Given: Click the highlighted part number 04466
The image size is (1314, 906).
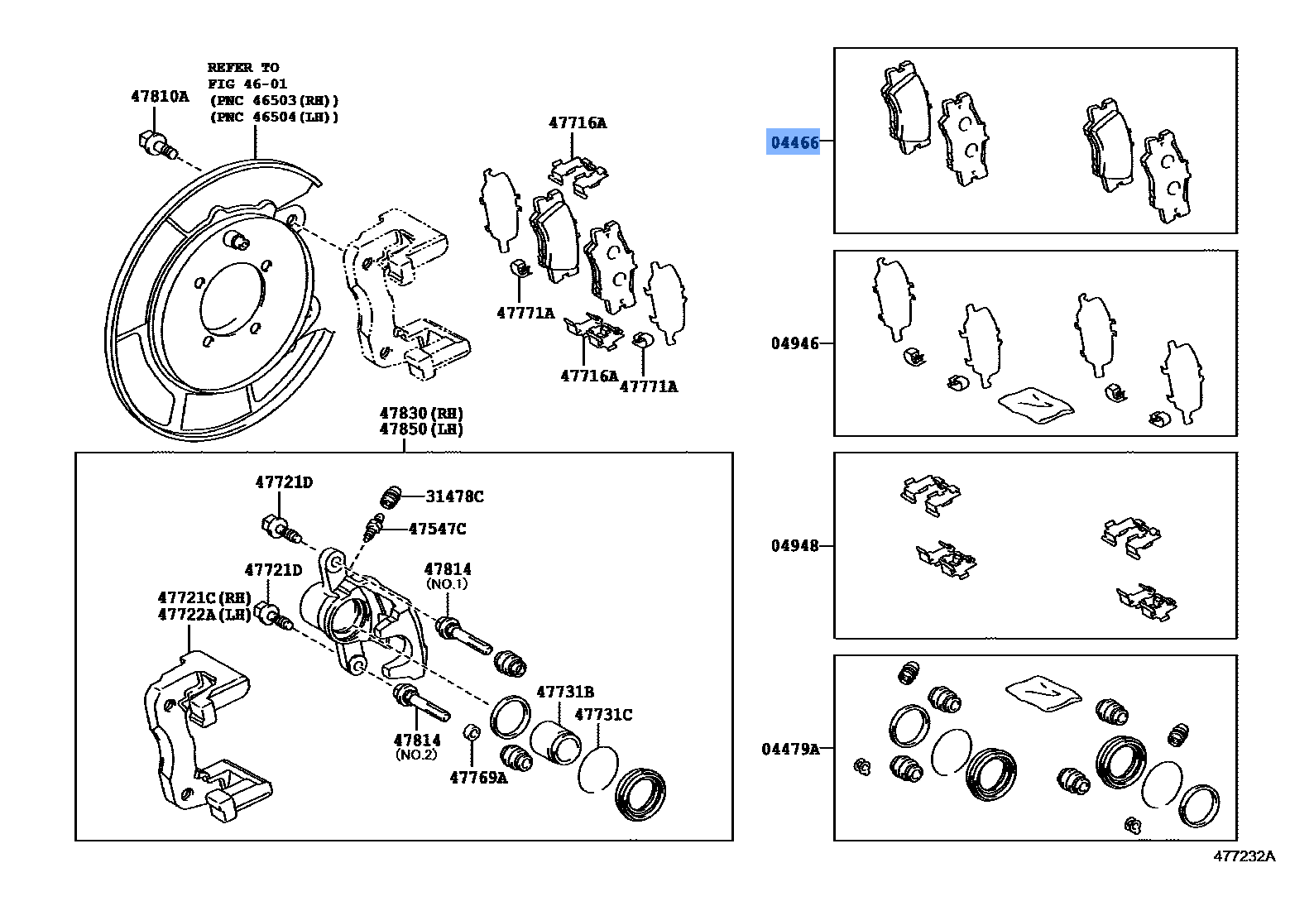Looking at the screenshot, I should point(794,142).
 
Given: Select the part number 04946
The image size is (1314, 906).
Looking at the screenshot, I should point(794,343).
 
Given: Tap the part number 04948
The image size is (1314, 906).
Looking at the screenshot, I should point(794,545).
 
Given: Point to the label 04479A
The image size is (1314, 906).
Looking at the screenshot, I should point(790,749).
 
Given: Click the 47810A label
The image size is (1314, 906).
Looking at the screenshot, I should point(160,96).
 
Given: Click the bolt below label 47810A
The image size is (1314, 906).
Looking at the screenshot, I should point(156,146).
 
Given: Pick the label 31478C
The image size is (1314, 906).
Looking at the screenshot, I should point(454,496).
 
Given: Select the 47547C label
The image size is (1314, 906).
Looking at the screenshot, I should point(437,529).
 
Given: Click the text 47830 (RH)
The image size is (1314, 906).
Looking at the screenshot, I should point(421,413).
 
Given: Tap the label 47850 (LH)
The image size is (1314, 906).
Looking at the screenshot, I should point(421,429).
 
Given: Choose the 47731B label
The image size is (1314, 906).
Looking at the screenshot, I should point(565,692).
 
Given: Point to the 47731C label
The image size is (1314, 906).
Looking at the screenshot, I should point(603,714).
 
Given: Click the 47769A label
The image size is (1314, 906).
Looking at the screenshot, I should point(478,777).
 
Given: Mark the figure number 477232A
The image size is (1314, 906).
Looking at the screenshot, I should point(1244,856).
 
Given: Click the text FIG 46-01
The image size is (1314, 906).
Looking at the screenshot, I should point(247,84).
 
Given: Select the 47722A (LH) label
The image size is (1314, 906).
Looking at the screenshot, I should point(204,614).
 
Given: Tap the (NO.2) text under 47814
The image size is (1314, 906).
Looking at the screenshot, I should point(416,755).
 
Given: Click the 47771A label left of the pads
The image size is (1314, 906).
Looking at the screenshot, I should point(525,313).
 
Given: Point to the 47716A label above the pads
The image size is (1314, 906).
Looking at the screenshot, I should point(578,122).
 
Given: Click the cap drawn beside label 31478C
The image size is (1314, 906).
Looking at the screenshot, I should point(391,496).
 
